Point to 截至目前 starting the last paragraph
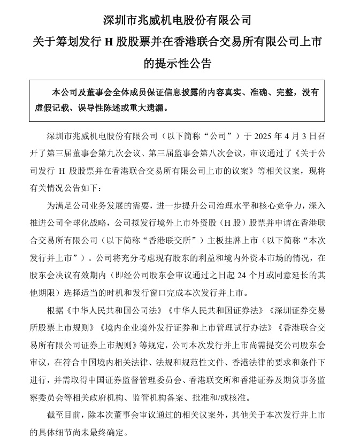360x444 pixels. tap(63, 415)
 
